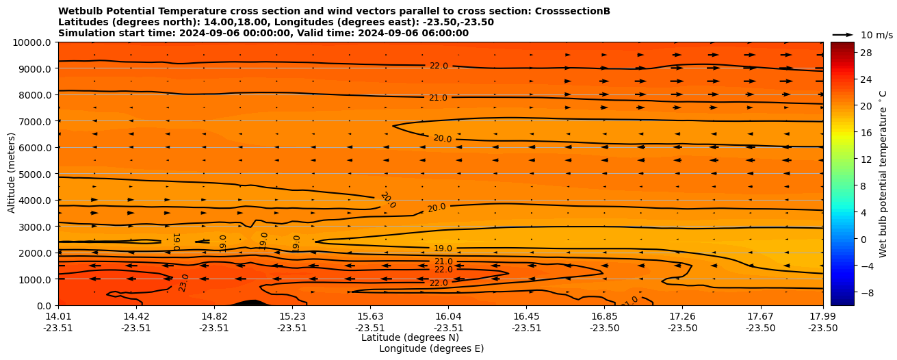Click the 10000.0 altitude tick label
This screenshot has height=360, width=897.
34,42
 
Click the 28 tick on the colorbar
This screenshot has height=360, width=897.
865,53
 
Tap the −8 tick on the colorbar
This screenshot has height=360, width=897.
865,292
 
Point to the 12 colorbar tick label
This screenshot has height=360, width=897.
865,159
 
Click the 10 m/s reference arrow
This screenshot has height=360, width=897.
843,34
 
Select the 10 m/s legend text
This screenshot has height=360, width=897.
876,35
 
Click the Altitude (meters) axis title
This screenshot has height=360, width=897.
12,174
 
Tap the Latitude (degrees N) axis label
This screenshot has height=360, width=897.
410,337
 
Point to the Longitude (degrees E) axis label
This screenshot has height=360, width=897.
431,348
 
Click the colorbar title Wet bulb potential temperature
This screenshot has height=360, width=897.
883,174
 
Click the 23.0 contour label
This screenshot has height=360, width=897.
183,283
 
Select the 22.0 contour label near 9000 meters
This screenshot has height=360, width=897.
439,66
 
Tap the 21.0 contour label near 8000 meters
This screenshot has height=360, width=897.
438,98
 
